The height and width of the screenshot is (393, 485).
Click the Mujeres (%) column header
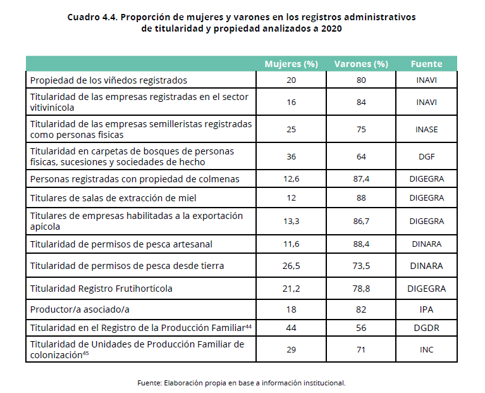coord(291,64)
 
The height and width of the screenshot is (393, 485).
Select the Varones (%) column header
coord(361,64)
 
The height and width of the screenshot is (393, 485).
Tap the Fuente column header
coord(427,64)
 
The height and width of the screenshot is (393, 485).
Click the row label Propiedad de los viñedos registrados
coord(109,80)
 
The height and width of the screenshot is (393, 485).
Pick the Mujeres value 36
coord(291,156)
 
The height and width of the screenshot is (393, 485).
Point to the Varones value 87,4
coord(361,179)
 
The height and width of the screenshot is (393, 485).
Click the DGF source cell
coord(427,156)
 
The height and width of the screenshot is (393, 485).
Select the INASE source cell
coord(427,129)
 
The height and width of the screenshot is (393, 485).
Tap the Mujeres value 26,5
coord(291,266)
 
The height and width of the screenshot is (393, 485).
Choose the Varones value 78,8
coord(361,289)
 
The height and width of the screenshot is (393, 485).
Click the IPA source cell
coord(427,309)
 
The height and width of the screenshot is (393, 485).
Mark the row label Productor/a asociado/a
coord(80,309)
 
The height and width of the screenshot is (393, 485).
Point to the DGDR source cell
coord(427,328)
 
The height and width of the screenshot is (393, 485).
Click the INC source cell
coord(427,350)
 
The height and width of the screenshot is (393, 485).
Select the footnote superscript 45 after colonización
coord(85,352)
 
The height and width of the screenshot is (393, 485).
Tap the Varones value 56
coord(361,328)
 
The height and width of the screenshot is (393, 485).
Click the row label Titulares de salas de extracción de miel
coord(113,198)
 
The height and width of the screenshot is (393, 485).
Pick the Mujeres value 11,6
coord(291,244)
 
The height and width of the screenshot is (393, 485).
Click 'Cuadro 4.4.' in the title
coord(92,17)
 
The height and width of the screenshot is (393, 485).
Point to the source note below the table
coord(242,383)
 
